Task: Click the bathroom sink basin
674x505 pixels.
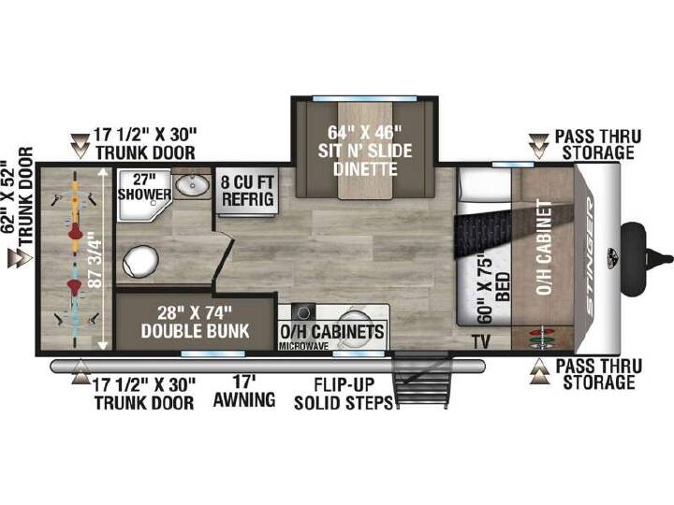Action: [x=193, y=185]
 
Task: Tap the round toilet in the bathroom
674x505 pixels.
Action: [x=140, y=261]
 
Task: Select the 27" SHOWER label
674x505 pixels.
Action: [x=144, y=187]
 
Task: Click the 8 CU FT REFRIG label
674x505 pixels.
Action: [x=247, y=191]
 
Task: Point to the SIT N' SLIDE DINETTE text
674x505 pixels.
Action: [x=364, y=160]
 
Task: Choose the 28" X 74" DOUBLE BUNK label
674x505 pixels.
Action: [x=195, y=322]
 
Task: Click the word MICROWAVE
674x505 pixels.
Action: [x=303, y=346]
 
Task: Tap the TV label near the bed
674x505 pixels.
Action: [x=481, y=342]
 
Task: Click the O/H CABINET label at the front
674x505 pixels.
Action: [x=544, y=247]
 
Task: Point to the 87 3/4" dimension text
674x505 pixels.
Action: [x=95, y=259]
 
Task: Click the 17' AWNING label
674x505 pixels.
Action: [x=244, y=391]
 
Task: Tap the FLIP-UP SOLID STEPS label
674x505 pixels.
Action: [x=344, y=394]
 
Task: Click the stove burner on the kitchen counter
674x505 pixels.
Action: [x=303, y=311]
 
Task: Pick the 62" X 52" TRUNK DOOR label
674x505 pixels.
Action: [x=18, y=196]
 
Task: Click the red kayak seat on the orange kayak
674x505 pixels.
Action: [x=75, y=233]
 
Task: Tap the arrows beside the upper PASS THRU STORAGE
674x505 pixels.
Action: [x=538, y=146]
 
